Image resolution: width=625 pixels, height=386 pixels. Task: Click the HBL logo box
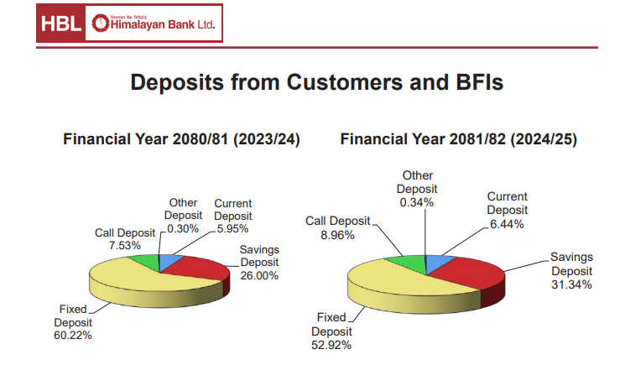click(61, 25)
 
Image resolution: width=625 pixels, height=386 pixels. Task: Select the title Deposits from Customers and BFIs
click(316, 83)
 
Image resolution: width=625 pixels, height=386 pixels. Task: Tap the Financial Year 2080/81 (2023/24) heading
click(182, 139)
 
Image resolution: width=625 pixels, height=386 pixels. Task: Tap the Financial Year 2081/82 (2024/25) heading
click(459, 139)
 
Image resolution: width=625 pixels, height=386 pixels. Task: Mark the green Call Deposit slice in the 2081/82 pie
click(407, 263)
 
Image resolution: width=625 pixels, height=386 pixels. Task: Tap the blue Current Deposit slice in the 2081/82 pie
click(436, 263)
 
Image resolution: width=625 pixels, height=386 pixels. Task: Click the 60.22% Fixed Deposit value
click(72, 335)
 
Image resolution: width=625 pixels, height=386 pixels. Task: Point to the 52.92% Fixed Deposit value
click(331, 344)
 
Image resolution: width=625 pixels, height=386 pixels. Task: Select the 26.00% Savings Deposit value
click(259, 275)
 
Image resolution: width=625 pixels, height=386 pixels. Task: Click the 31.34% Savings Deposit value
click(571, 284)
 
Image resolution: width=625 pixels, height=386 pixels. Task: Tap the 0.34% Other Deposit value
click(417, 202)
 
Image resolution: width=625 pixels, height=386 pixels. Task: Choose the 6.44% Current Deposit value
click(508, 224)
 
